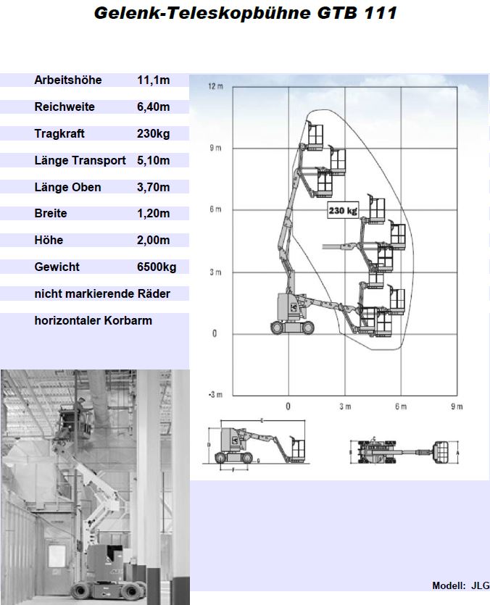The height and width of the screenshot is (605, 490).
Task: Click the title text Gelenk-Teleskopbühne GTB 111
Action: (245, 13)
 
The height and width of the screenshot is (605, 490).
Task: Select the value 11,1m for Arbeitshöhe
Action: (153, 80)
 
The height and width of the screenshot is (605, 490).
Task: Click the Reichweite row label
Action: (65, 107)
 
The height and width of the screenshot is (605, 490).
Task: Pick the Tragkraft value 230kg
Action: (153, 134)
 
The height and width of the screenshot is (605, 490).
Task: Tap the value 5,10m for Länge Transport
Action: (153, 161)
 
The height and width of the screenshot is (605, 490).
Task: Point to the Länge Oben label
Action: (67, 188)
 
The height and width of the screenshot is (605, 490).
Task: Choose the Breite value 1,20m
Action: (153, 214)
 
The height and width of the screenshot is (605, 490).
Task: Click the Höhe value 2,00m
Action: (153, 241)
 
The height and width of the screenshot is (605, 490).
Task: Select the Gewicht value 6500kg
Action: (157, 267)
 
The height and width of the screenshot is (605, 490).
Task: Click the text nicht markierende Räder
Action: (102, 294)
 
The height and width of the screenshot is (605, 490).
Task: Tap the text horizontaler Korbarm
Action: (93, 320)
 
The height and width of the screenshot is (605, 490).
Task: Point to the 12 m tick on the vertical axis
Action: (215, 87)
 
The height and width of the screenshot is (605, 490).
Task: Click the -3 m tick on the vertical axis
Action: (215, 395)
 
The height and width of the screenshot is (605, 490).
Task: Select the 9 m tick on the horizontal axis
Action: (457, 407)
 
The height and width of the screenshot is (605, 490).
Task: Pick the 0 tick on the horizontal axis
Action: (288, 407)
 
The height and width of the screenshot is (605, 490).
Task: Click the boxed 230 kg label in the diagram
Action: (343, 211)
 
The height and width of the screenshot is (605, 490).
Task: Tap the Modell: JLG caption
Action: (460, 586)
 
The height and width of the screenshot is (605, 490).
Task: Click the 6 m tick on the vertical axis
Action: (215, 210)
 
